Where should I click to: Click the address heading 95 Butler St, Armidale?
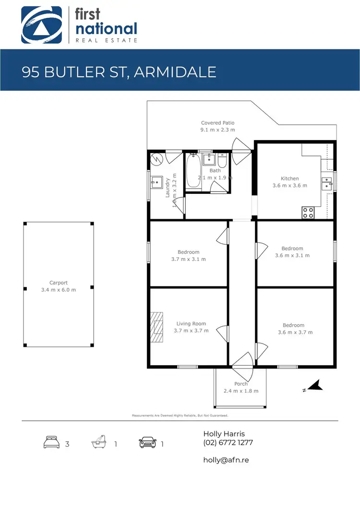click(119, 72)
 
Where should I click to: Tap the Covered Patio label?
click(217, 123)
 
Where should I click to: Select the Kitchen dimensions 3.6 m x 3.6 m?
click(290, 185)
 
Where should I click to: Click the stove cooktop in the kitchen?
click(308, 212)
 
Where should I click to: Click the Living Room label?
click(191, 324)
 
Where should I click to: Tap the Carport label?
click(59, 283)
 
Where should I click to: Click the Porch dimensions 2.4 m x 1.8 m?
click(241, 391)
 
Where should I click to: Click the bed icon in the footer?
click(51, 442)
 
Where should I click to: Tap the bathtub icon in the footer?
click(99, 442)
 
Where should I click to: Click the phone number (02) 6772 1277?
click(228, 442)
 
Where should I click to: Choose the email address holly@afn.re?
click(226, 460)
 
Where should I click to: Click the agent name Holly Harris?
click(224, 434)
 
